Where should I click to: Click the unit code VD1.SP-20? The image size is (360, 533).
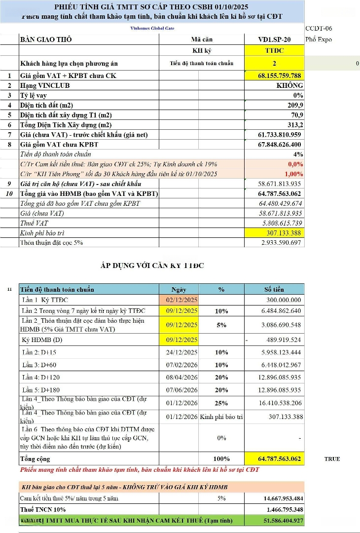coord(274,39)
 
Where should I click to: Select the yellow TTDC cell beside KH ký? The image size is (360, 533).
coord(274,51)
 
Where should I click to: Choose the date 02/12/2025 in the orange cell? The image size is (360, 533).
coord(181,300)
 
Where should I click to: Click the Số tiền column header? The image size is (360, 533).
coord(274,289)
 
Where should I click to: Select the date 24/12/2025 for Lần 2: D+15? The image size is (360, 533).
coord(181,352)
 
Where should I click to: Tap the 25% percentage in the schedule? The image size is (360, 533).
coord(221,403)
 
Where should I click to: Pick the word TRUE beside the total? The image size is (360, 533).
coord(332,459)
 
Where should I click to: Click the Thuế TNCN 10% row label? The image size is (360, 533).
coord(43,509)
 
